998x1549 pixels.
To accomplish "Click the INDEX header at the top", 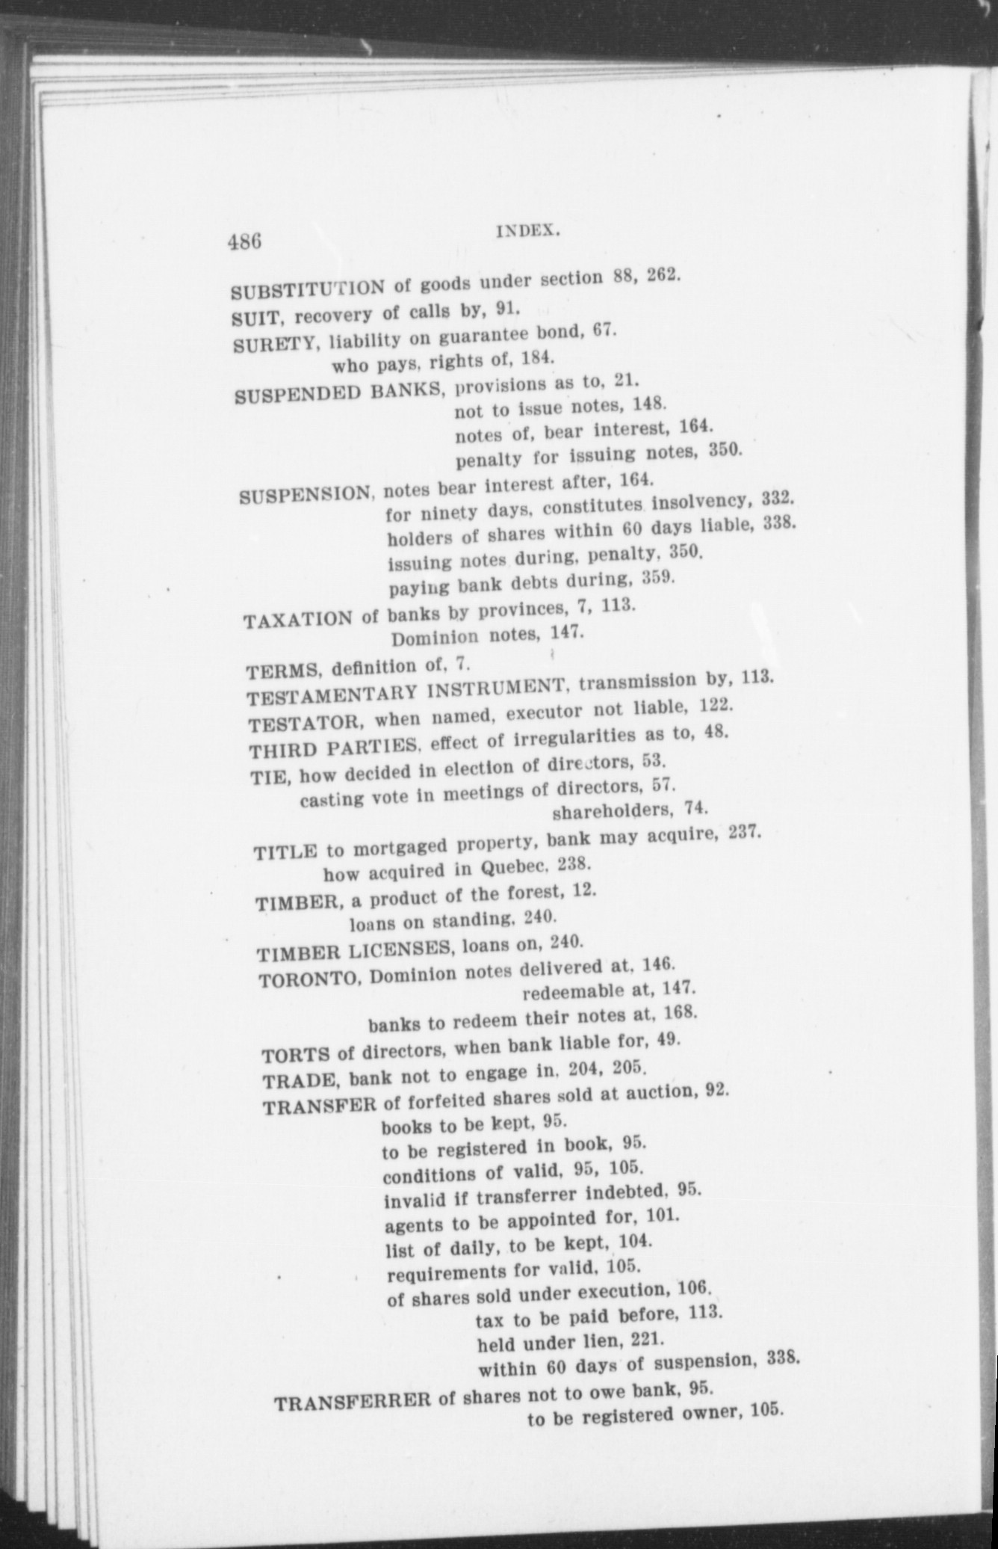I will pyautogui.click(x=528, y=232).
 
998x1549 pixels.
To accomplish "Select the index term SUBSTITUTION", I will pyautogui.click(x=307, y=289).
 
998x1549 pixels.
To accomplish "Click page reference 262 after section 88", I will pyautogui.click(x=662, y=274).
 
